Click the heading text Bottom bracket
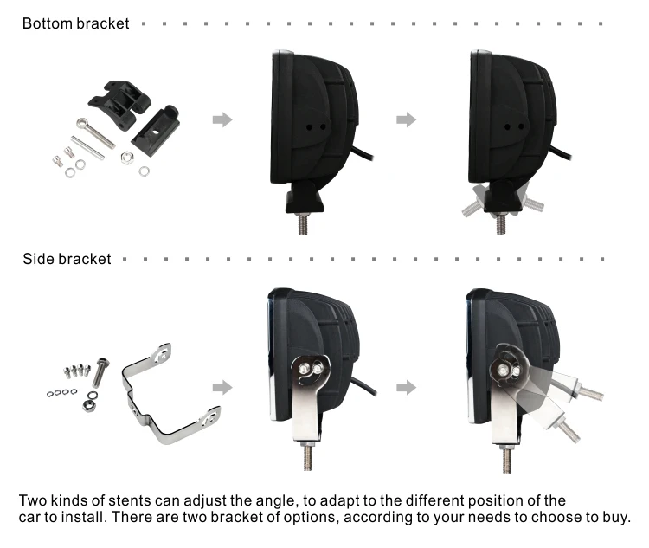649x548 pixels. [75, 23]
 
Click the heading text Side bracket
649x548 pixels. [67, 258]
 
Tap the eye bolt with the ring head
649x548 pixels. [95, 129]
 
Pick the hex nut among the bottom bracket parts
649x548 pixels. [125, 158]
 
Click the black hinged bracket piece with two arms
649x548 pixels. [122, 99]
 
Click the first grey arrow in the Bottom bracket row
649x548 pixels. [222, 119]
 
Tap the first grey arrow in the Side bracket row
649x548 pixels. [222, 385]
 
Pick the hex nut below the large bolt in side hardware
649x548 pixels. [89, 405]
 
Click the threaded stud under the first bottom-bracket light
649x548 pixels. [304, 223]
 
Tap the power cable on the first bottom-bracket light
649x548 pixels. [367, 155]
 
